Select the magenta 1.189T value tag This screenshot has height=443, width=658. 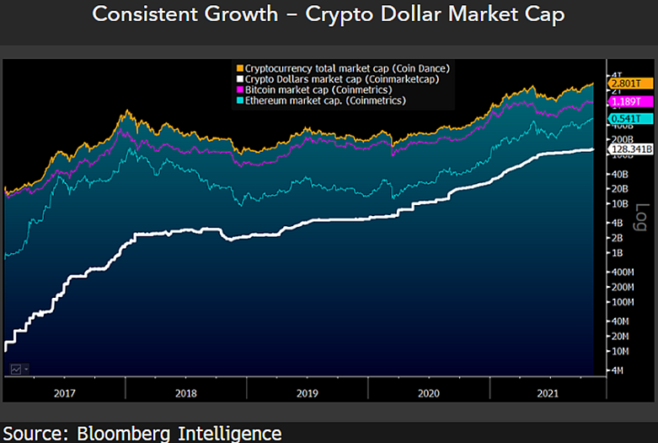coord(623,101)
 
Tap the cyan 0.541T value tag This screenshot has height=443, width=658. coord(623,119)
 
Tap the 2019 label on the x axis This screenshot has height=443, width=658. coord(308,392)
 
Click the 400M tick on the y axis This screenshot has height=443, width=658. coord(622,272)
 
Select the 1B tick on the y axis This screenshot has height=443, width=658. coord(617,253)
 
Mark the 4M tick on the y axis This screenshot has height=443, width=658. coord(617,370)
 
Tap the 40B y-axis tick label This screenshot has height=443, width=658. coord(618,174)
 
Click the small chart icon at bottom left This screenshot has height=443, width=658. coord(16,369)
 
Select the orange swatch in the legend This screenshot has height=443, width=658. coord(240,68)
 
